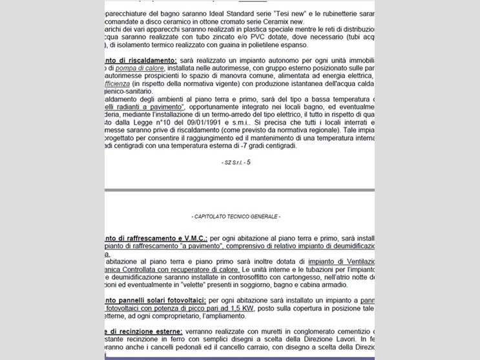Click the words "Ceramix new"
pyautogui.click(x=284, y=21)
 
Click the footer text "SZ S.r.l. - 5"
pyautogui.click(x=235, y=162)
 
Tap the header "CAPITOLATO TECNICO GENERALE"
pyautogui.click(x=236, y=216)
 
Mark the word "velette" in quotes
pyautogui.click(x=190, y=284)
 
